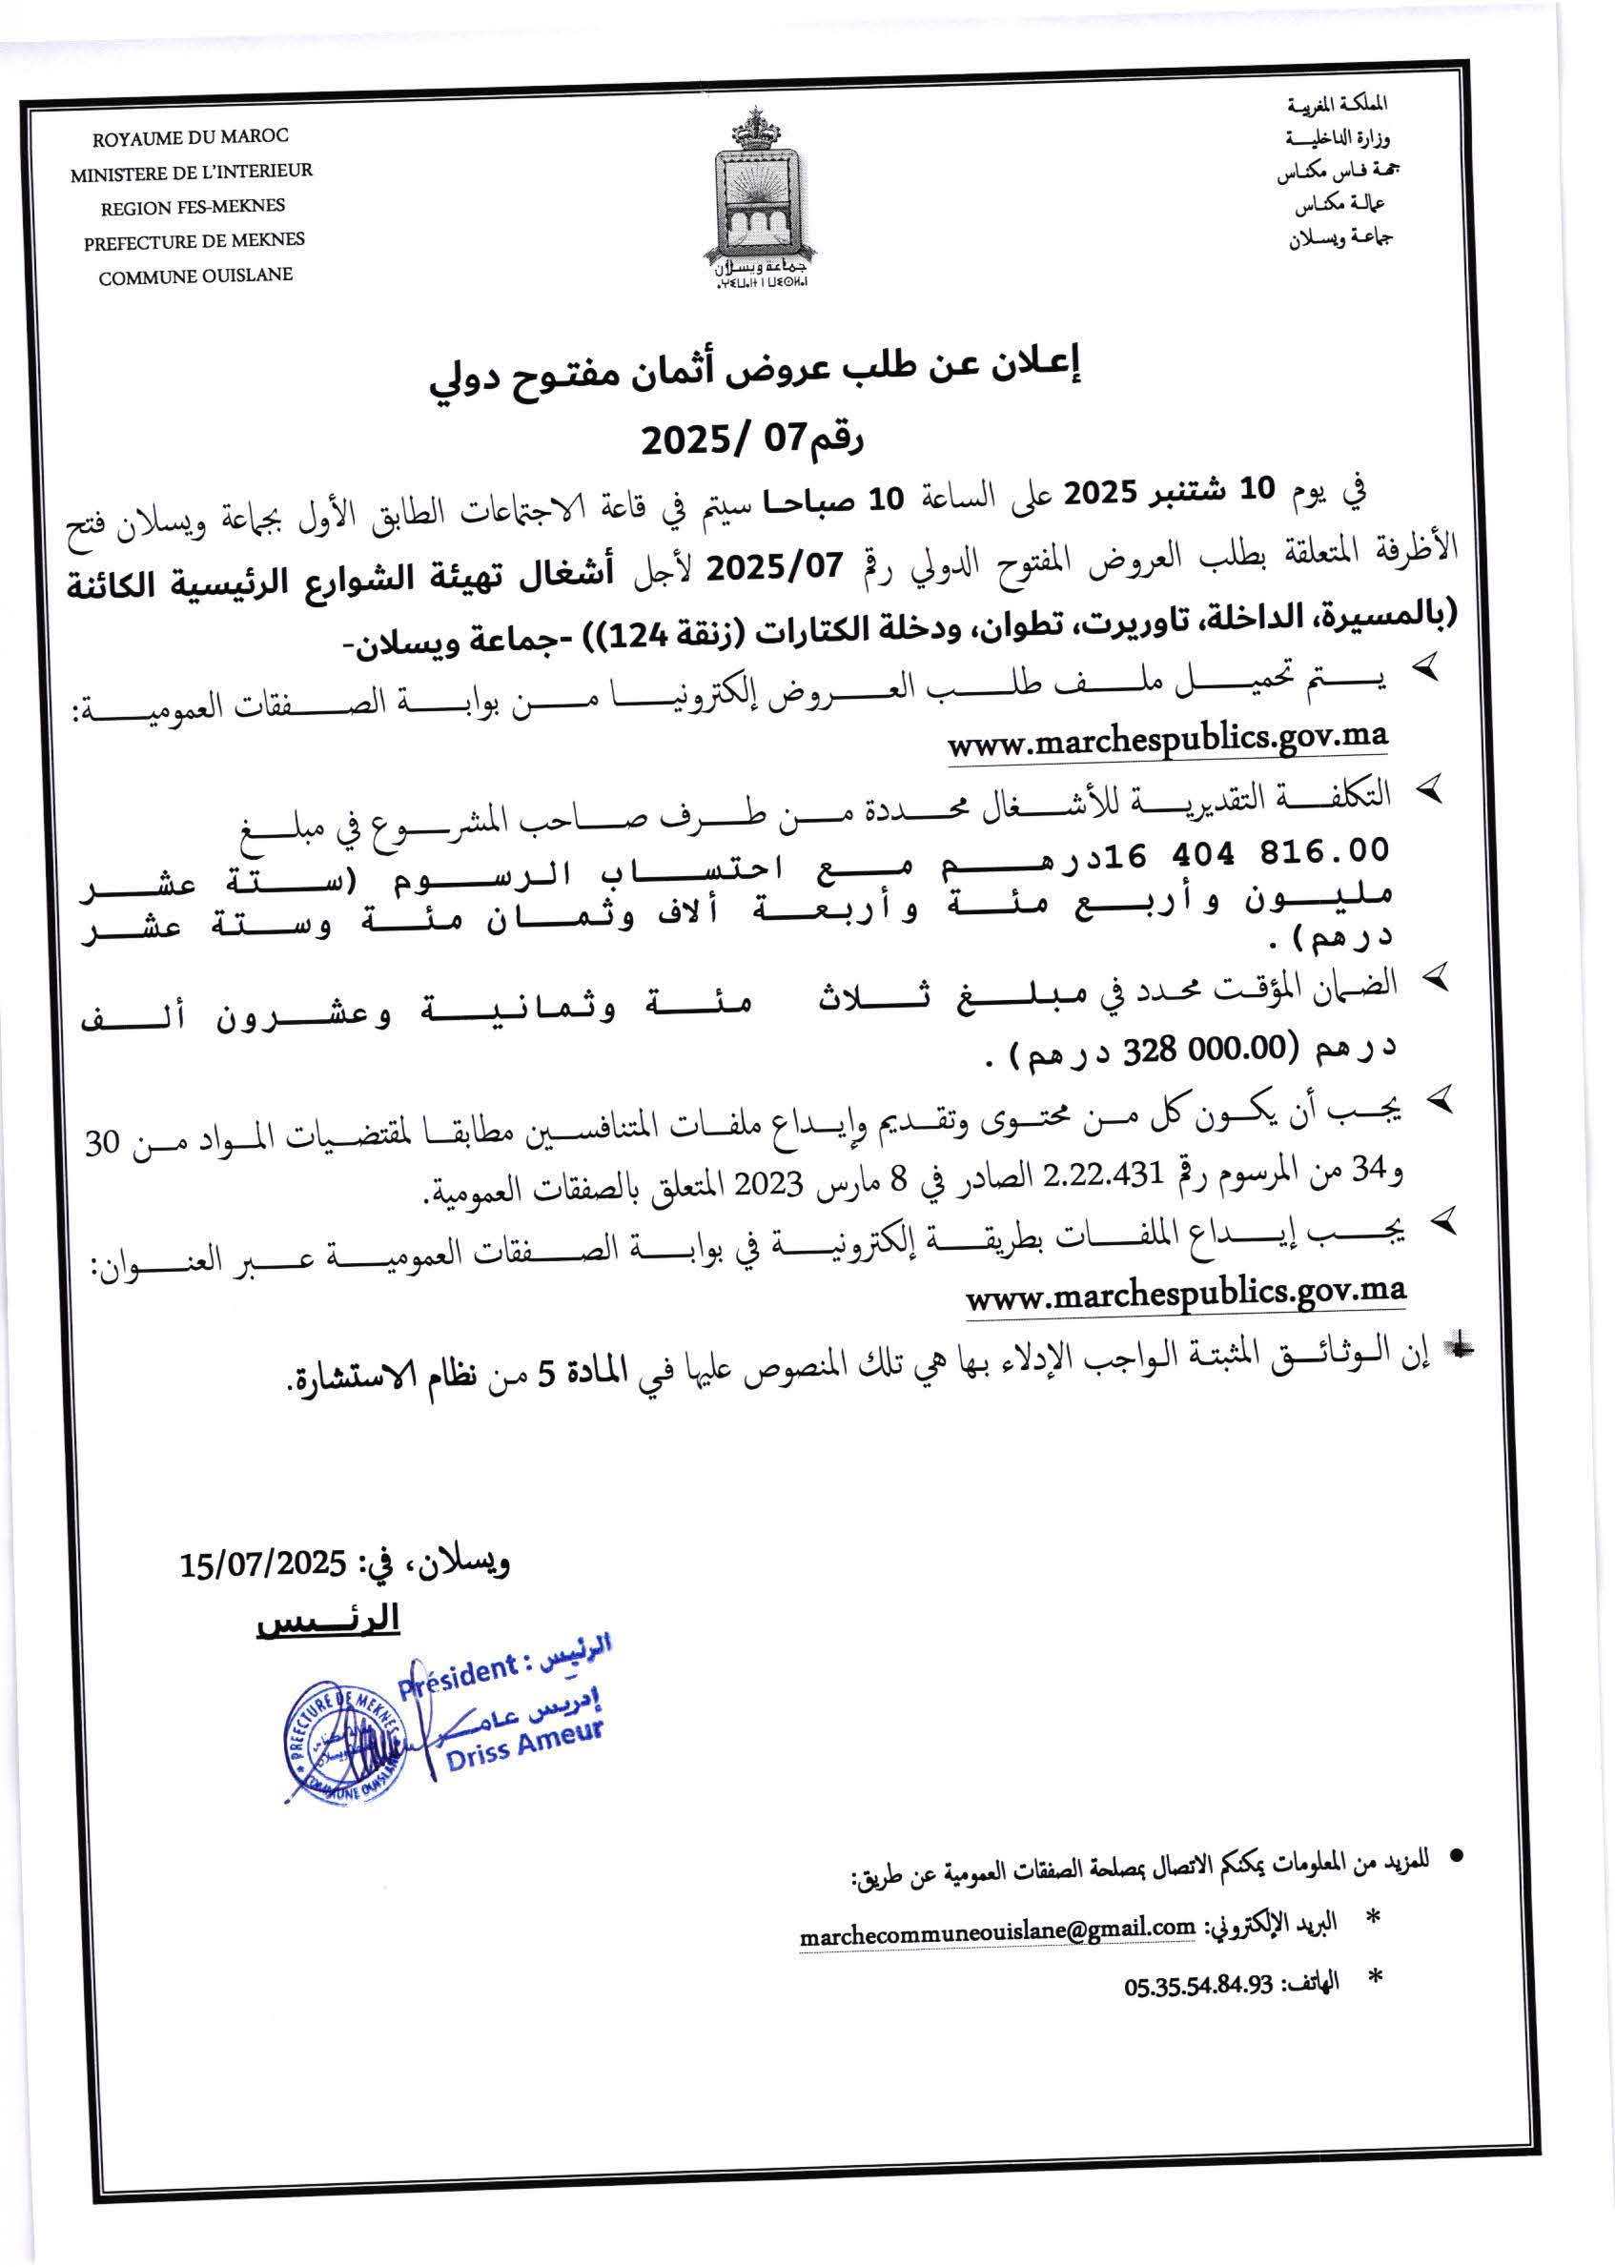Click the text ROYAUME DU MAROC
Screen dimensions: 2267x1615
coord(190,136)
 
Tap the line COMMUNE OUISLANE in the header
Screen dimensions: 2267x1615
coord(194,276)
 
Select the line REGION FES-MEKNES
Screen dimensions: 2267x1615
coord(192,207)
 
